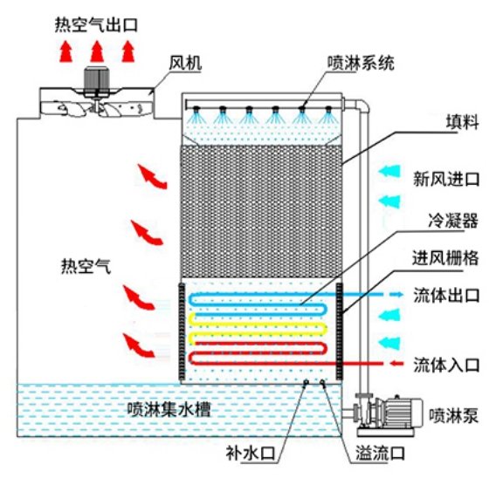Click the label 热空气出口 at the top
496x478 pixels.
pyautogui.click(x=96, y=25)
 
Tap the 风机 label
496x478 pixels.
pyautogui.click(x=185, y=63)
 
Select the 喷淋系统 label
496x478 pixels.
pyautogui.click(x=361, y=63)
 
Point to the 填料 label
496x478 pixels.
pyautogui.click(x=462, y=122)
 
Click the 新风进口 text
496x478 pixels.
pyautogui.click(x=446, y=179)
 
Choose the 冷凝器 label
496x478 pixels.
pyautogui.click(x=453, y=221)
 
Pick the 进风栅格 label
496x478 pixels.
pyautogui.click(x=445, y=258)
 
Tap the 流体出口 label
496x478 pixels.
pyautogui.click(x=446, y=296)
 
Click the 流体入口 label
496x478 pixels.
pyautogui.click(x=446, y=365)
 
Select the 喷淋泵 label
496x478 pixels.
pyautogui.click(x=453, y=415)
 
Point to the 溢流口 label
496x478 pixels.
pyautogui.click(x=381, y=453)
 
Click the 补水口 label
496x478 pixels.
pyautogui.click(x=251, y=454)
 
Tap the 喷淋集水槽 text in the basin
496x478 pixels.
pyautogui.click(x=169, y=409)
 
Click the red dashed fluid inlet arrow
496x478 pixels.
pyautogui.click(x=396, y=364)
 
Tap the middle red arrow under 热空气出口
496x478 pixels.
pyautogui.click(x=97, y=51)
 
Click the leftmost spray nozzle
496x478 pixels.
pyautogui.click(x=196, y=109)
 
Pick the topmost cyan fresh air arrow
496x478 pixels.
pyautogui.click(x=389, y=172)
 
